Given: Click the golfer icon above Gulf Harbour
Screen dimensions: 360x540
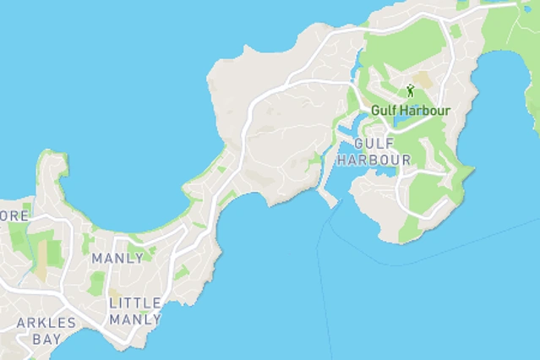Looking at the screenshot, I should coord(411,90).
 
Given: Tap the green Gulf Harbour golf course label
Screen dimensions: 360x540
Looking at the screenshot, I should coord(411,111).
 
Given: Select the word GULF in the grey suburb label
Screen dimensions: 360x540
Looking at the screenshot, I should coord(374,144).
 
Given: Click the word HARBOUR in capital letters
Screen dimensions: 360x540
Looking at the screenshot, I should coord(374,160).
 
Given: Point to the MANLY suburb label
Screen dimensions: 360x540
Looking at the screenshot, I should coord(117,258).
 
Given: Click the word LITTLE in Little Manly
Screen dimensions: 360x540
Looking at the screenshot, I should coord(135,303).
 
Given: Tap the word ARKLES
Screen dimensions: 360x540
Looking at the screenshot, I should coord(46,323).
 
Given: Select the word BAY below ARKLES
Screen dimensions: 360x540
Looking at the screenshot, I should coord(46,339).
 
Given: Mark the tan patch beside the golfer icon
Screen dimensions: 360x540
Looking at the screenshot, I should coord(423,81).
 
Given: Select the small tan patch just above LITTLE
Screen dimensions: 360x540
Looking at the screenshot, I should coord(115,293).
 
